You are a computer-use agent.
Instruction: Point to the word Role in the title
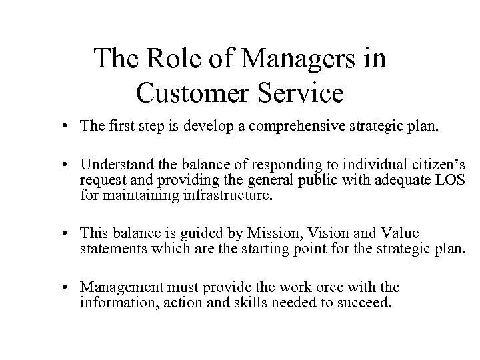pos(177,60)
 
